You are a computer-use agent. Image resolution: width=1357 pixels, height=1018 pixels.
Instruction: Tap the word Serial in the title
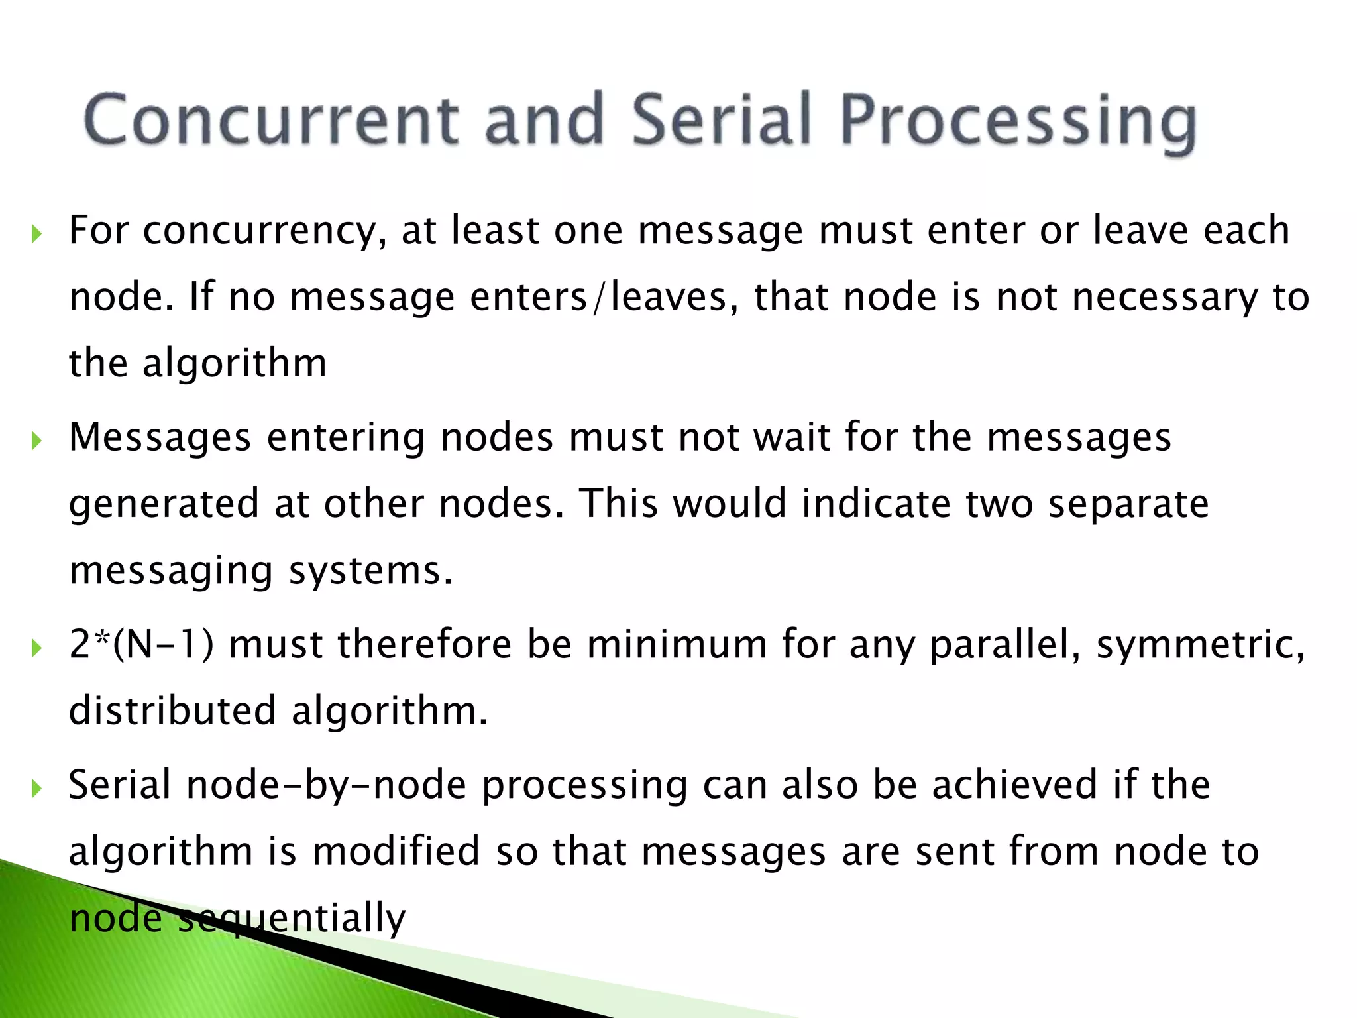pyautogui.click(x=721, y=119)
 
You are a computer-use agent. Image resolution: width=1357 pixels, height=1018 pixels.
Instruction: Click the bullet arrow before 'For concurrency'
pyautogui.click(x=36, y=233)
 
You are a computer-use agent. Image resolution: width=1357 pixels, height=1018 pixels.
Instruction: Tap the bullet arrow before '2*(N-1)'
pyautogui.click(x=36, y=648)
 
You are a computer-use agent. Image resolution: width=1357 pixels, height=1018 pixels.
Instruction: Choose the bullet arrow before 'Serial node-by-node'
pyautogui.click(x=36, y=788)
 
